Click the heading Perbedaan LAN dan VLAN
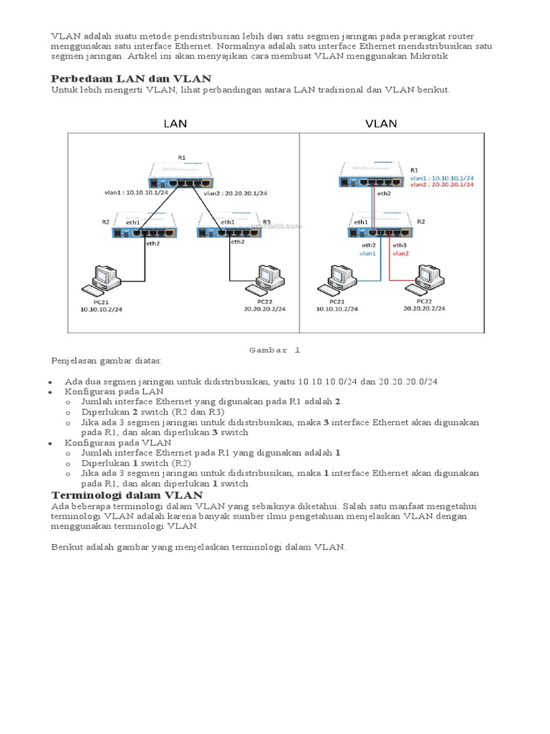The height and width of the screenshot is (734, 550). pyautogui.click(x=130, y=78)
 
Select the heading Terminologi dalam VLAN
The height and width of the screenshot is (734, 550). pyautogui.click(x=127, y=495)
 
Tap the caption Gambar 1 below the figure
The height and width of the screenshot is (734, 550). pyautogui.click(x=275, y=350)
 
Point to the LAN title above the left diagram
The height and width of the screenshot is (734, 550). pyautogui.click(x=175, y=123)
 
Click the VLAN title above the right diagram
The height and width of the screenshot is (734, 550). pyautogui.click(x=381, y=123)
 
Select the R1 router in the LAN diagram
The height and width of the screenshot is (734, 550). pyautogui.click(x=183, y=172)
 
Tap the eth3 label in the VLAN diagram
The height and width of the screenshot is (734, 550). pyautogui.click(x=398, y=244)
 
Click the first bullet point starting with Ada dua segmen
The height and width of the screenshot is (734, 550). pyautogui.click(x=256, y=382)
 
